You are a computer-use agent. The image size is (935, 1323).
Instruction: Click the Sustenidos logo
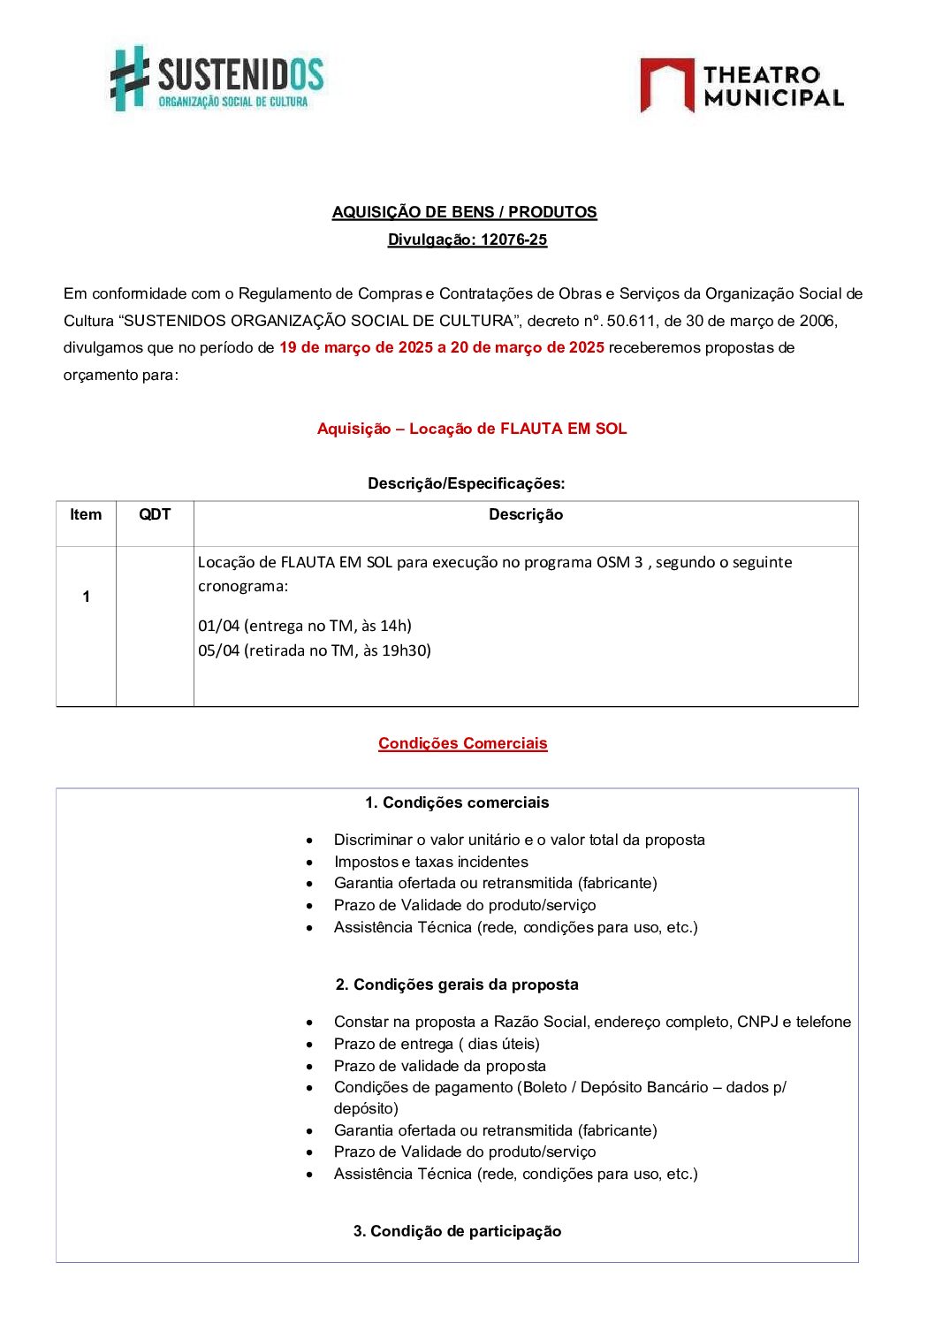217,79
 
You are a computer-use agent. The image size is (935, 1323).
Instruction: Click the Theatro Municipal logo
741,86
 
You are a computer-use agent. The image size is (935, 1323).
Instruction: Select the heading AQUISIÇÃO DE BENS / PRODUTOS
464,212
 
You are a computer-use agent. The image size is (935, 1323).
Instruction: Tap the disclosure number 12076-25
513,240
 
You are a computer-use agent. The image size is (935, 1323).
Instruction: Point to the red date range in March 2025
442,347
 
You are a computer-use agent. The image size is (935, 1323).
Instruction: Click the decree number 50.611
631,321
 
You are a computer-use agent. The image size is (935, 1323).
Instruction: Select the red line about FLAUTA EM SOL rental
472,429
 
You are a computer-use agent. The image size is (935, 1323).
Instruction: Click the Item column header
86,514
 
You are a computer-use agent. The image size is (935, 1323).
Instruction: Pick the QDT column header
155,514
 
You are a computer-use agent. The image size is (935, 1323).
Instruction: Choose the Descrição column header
526,514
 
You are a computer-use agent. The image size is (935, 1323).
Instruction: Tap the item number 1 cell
86,597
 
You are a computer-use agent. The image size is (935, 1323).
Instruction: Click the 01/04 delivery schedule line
305,626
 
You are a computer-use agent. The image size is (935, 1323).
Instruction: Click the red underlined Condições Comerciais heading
463,743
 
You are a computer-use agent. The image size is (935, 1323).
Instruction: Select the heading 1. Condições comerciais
457,802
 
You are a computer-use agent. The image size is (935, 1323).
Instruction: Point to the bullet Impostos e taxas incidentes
431,862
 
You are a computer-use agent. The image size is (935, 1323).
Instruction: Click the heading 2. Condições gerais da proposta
457,985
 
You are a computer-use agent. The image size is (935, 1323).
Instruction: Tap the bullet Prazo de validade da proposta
440,1066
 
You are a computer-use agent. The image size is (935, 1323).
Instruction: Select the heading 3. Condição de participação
457,1231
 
